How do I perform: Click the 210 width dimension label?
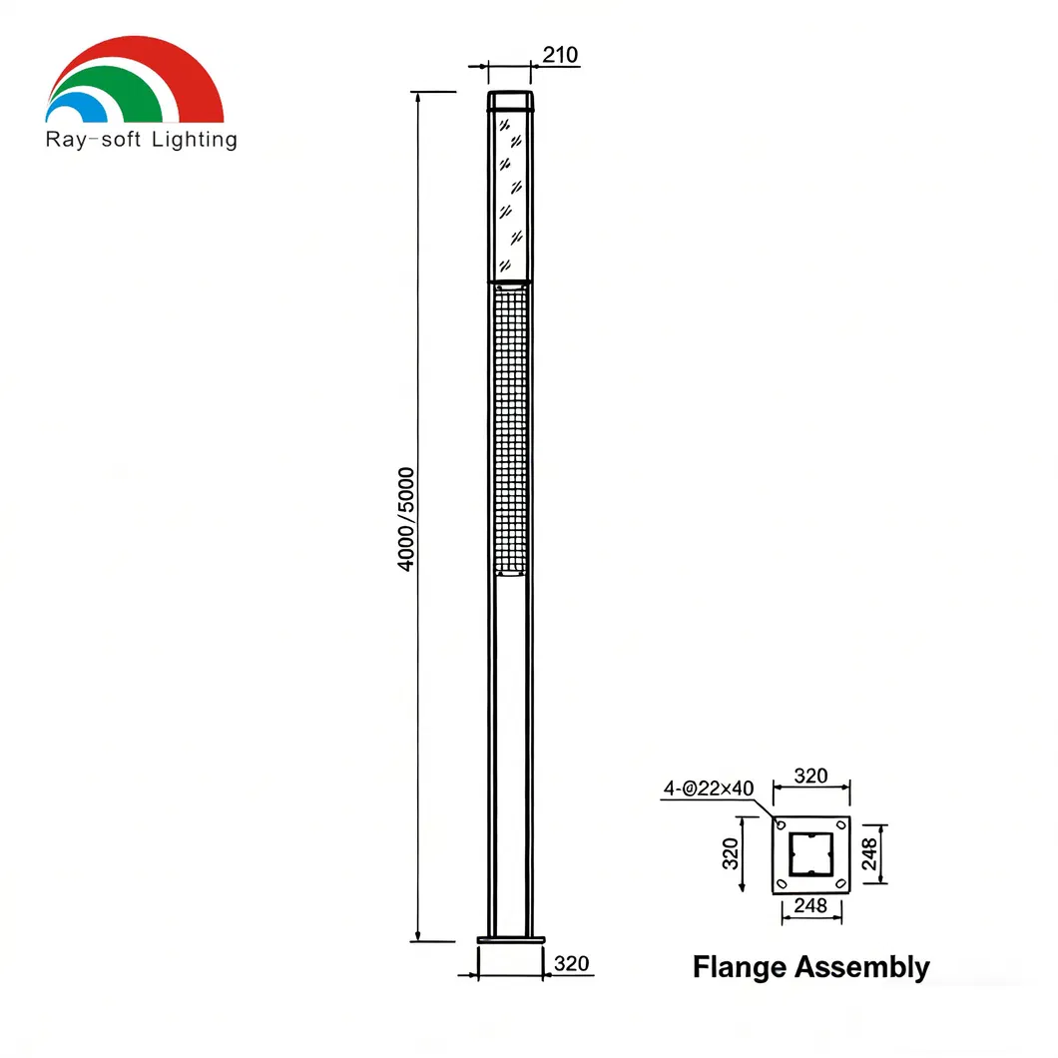pyautogui.click(x=560, y=55)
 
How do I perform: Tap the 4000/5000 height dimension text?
pyautogui.click(x=406, y=518)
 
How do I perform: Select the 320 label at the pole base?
pyautogui.click(x=571, y=964)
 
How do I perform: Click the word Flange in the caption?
pyautogui.click(x=739, y=967)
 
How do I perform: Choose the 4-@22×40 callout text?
pyautogui.click(x=709, y=789)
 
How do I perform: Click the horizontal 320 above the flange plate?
pyautogui.click(x=810, y=776)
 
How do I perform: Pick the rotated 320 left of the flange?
pyautogui.click(x=731, y=854)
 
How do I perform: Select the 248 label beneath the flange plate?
pyautogui.click(x=810, y=906)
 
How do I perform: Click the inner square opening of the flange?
pyautogui.click(x=811, y=854)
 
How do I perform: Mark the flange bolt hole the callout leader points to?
pyautogui.click(x=782, y=825)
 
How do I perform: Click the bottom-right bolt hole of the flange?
pyautogui.click(x=841, y=883)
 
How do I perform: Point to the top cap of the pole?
pyautogui.click(x=510, y=101)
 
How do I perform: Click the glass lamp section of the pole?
pyautogui.click(x=510, y=195)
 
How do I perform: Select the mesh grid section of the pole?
pyautogui.click(x=510, y=429)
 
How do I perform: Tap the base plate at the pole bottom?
pyautogui.click(x=512, y=939)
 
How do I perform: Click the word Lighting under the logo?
pyautogui.click(x=195, y=140)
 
